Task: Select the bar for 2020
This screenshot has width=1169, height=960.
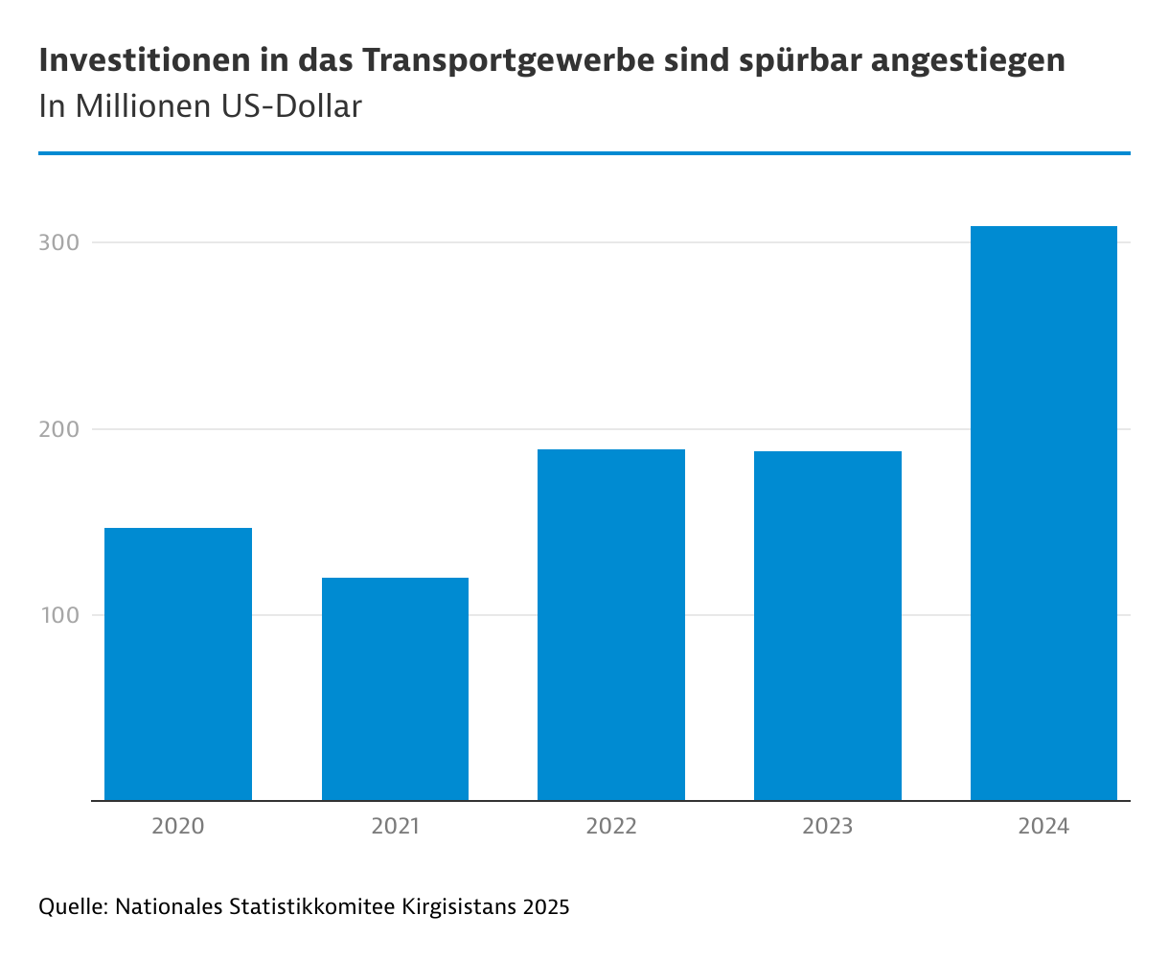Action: [178, 663]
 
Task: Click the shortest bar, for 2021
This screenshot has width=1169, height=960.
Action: [395, 688]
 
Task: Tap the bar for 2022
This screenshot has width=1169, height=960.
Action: [611, 624]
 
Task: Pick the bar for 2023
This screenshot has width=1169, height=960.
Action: [828, 625]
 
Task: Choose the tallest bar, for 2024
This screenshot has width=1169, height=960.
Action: [1043, 513]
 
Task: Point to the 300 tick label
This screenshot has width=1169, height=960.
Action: [57, 243]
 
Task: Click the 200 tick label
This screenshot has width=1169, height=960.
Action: [57, 429]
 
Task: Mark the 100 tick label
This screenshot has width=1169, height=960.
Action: [57, 615]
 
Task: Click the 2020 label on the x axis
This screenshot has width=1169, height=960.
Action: [178, 826]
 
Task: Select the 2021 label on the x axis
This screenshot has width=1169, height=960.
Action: [395, 826]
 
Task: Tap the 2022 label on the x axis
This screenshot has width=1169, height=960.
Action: [611, 826]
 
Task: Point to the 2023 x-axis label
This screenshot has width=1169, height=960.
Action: [828, 826]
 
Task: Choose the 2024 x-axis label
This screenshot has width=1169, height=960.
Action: [1043, 826]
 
